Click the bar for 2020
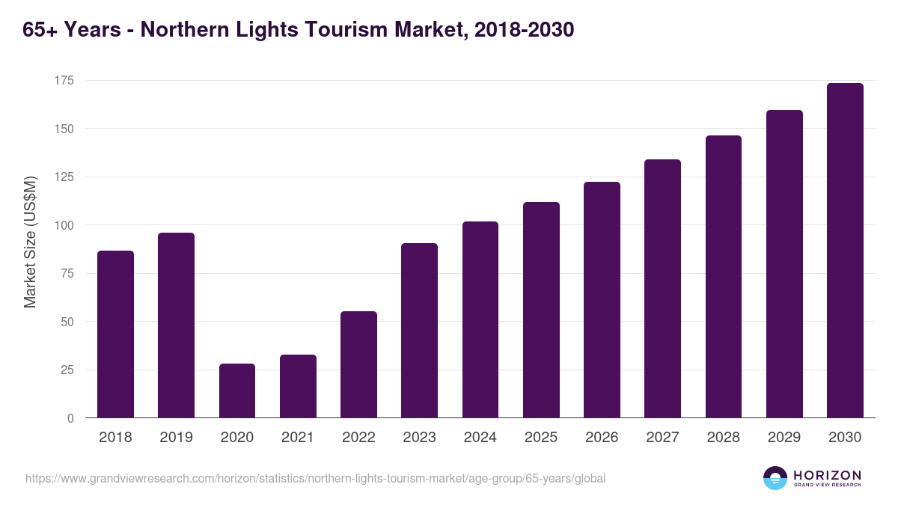[237, 391]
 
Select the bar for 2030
[845, 251]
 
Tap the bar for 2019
[176, 325]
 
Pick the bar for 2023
[419, 331]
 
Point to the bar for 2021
[298, 386]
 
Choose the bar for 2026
[602, 299]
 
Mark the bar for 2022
[358, 364]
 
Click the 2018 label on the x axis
[115, 438]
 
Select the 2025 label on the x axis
[541, 438]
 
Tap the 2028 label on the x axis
[723, 438]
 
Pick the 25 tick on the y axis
[67, 370]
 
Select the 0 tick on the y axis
[70, 418]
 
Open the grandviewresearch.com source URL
[315, 478]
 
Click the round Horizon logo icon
[775, 478]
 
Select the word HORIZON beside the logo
[827, 475]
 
